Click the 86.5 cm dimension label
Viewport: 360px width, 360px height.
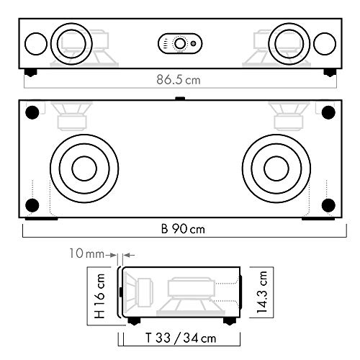[179, 79]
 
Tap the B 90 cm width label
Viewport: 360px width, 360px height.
[183, 229]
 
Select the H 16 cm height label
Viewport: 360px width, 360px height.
[99, 296]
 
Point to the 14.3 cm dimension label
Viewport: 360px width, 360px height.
[262, 292]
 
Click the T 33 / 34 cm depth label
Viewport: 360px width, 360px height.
[181, 338]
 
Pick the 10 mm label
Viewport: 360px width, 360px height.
[87, 253]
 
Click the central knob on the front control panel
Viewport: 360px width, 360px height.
[180, 44]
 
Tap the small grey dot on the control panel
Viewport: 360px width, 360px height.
[193, 44]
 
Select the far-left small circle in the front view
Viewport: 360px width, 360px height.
[36, 44]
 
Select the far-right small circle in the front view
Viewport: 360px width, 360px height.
[325, 44]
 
